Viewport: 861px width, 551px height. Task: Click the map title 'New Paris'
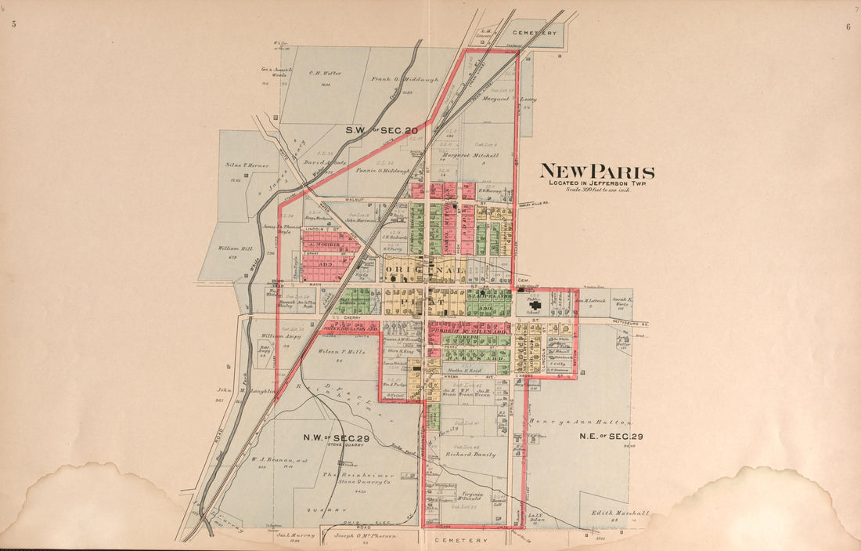(597, 172)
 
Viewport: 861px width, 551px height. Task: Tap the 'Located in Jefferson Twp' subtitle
(597, 183)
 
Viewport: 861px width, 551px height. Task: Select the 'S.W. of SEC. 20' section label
(382, 129)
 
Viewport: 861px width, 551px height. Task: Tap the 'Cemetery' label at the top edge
(535, 33)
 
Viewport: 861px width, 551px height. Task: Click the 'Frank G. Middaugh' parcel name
(405, 79)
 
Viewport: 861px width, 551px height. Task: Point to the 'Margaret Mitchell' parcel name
(469, 155)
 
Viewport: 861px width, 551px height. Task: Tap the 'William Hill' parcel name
(236, 249)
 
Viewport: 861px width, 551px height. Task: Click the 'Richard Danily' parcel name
(470, 454)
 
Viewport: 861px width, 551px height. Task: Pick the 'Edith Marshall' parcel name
(620, 513)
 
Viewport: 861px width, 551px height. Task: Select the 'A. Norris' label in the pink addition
(322, 245)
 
